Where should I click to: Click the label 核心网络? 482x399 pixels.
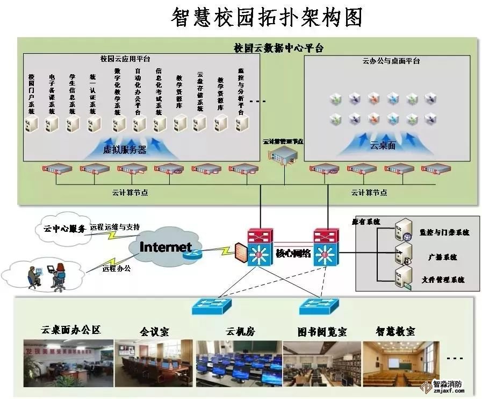(293, 253)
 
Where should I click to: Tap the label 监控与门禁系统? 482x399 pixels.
(444, 232)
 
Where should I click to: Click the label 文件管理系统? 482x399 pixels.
(443, 280)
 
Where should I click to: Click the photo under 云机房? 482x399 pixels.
(239, 363)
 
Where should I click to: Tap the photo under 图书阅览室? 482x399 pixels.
(322, 363)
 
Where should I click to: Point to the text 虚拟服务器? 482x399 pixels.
(125, 150)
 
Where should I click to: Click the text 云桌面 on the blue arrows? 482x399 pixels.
(383, 145)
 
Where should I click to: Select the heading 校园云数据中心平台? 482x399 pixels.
(278, 48)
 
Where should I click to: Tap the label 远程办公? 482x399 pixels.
(116, 267)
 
